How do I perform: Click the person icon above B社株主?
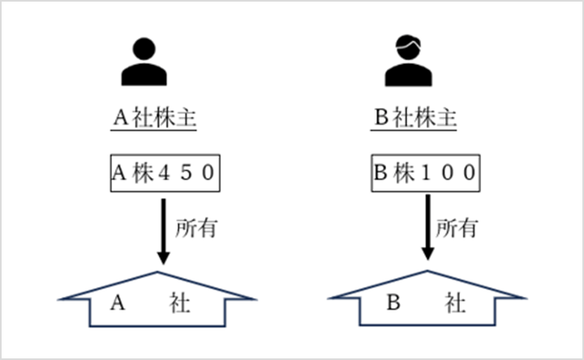[409, 62]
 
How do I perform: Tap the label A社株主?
[155, 118]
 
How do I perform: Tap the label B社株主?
[416, 118]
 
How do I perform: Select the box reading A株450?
[164, 173]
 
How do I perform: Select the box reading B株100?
[424, 173]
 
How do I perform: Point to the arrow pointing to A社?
[163, 232]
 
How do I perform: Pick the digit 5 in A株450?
[187, 174]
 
